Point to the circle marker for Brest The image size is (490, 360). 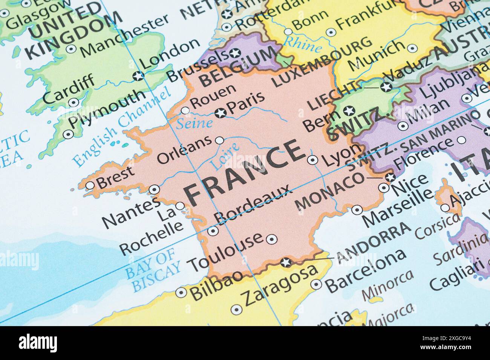point(90,185)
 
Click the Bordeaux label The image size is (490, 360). point(253,203)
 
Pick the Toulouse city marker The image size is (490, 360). point(272,239)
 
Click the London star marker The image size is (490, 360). point(139,75)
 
